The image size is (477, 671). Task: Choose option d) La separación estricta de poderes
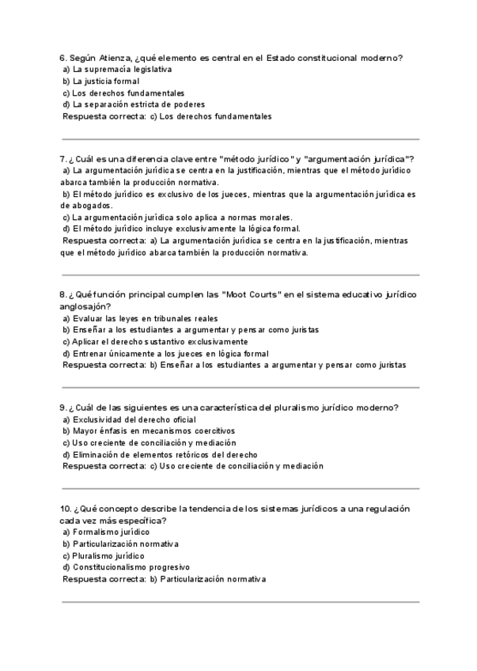tap(134, 104)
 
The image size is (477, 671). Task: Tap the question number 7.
tap(62, 159)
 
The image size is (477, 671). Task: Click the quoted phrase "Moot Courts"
tap(252, 295)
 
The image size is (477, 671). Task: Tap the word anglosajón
tap(85, 307)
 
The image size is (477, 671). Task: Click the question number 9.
tap(62, 408)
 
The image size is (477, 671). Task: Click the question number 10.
tap(65, 510)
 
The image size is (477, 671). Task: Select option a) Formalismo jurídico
tap(106, 533)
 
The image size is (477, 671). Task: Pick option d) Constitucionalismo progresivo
tap(126, 567)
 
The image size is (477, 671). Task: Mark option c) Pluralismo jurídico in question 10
tap(103, 556)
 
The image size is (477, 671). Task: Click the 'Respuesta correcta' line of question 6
tap(167, 116)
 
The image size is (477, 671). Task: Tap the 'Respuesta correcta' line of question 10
tap(164, 579)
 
